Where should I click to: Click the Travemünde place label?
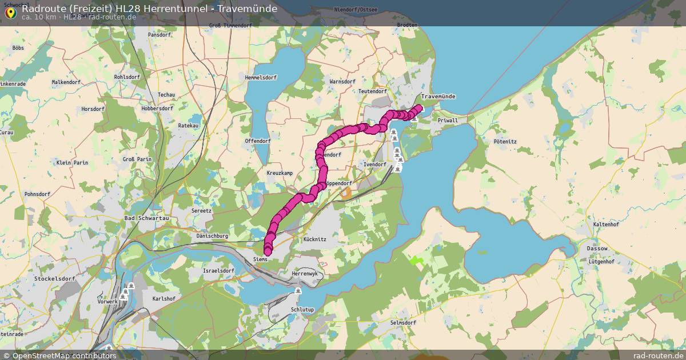pyautogui.click(x=437, y=97)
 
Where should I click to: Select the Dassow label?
pyautogui.click(x=597, y=249)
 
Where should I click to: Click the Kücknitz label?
pyautogui.click(x=315, y=239)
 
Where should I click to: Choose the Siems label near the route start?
pyautogui.click(x=260, y=259)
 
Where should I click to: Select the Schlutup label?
pyautogui.click(x=302, y=309)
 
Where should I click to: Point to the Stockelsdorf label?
pyautogui.click(x=55, y=278)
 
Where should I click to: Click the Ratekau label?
pyautogui.click(x=188, y=125)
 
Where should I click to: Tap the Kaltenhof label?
pyautogui.click(x=606, y=225)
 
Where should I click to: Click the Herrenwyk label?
pyautogui.click(x=304, y=274)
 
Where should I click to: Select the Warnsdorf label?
pyautogui.click(x=342, y=82)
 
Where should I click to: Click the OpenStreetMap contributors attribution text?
pyautogui.click(x=64, y=355)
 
